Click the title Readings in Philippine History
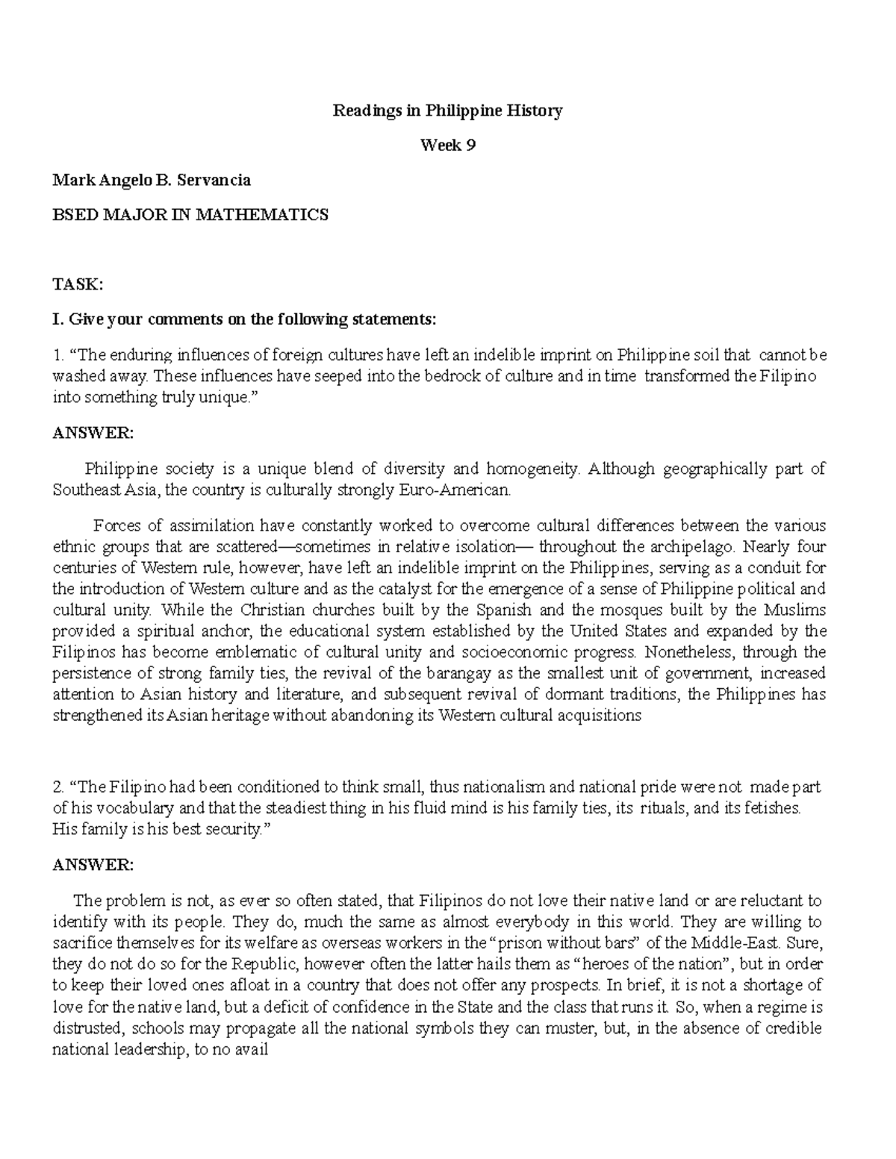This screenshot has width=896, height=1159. [447, 111]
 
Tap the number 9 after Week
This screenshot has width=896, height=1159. [470, 146]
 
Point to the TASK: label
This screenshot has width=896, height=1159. [77, 284]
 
